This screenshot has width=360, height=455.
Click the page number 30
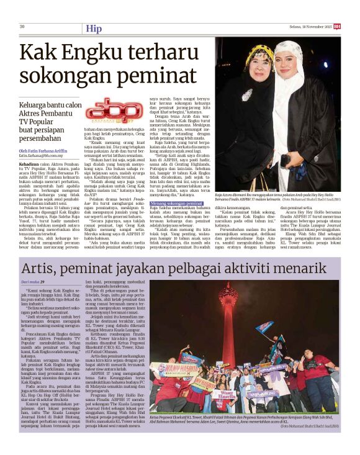pyautogui.click(x=22, y=26)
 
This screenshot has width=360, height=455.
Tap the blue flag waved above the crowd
pyautogui.click(x=267, y=327)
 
